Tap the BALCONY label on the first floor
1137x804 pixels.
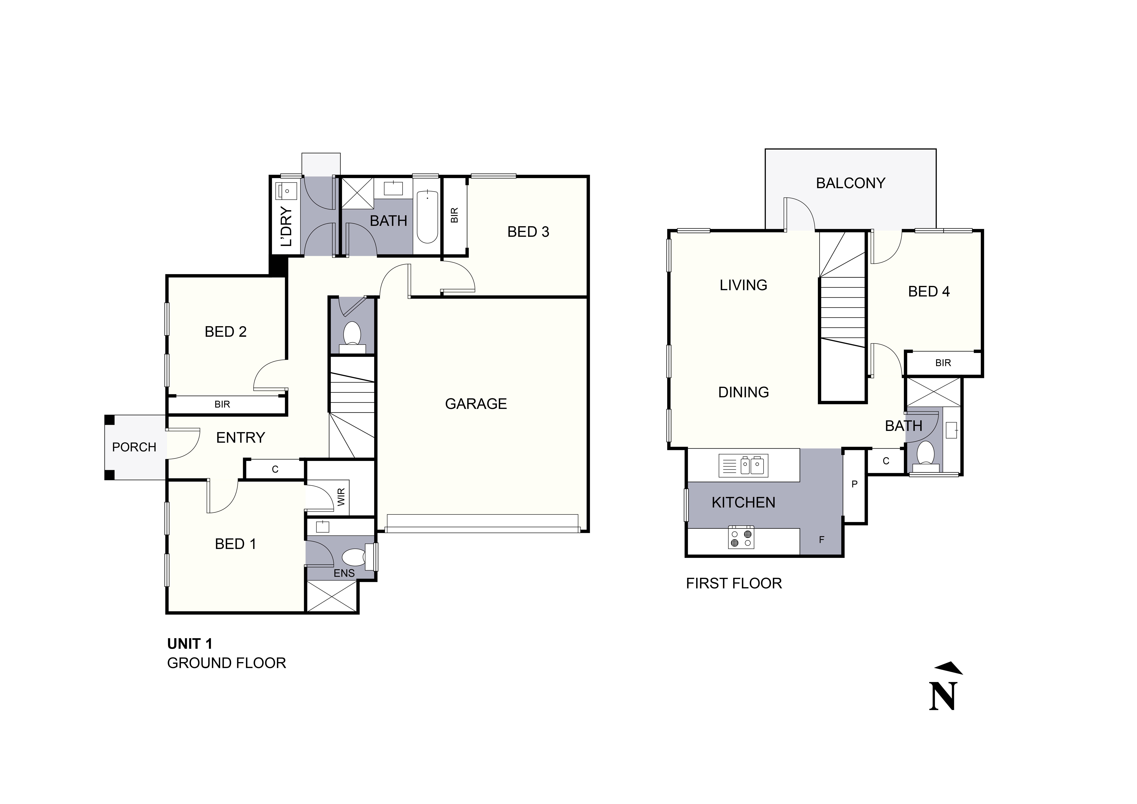(850, 183)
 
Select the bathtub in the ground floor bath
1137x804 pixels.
(427, 217)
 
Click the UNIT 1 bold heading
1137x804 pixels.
(190, 644)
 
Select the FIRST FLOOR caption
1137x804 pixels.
(733, 584)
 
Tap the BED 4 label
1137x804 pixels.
(929, 292)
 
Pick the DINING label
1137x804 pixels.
(743, 392)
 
